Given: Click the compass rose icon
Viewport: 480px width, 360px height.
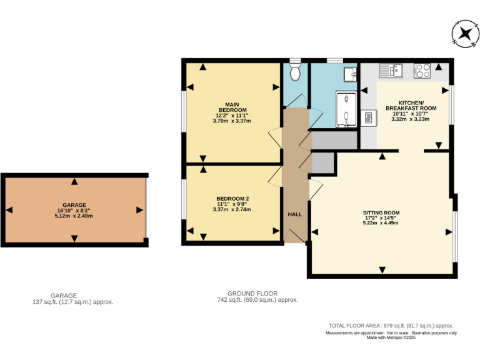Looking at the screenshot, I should [464, 33].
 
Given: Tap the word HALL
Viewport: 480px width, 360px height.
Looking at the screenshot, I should [295, 214].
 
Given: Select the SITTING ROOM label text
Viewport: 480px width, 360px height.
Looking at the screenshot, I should [381, 213].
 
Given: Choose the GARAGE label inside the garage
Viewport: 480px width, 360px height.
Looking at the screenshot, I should [74, 205].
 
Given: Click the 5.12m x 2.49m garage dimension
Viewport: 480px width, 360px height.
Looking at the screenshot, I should [74, 216].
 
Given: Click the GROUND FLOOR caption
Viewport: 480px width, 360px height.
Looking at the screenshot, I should [252, 293].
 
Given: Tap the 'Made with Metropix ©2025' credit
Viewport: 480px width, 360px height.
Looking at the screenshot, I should [391, 338].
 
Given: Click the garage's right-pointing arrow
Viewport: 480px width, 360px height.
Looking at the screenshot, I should [138, 210].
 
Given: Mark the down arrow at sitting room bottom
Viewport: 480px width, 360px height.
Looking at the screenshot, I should [382, 270].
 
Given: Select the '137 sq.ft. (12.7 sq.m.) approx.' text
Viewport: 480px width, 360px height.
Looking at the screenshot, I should [72, 301].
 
